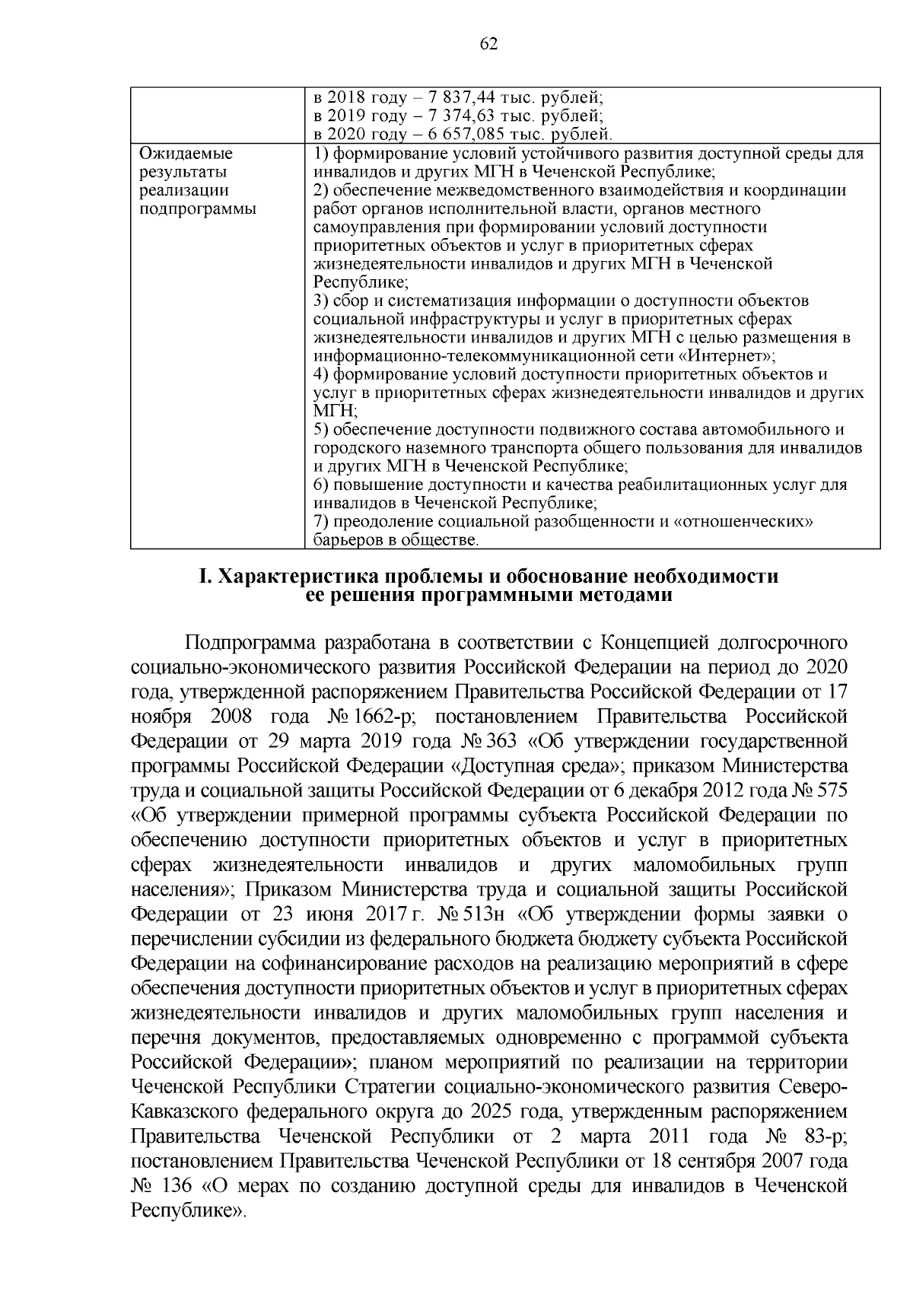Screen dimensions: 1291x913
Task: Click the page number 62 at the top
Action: click(488, 44)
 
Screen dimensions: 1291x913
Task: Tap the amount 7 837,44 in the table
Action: click(442, 99)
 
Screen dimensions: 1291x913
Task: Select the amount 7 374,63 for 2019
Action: click(442, 117)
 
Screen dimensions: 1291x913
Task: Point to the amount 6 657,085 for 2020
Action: click(447, 135)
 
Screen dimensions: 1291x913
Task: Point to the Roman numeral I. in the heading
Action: click(204, 577)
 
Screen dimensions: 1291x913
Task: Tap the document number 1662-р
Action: click(394, 716)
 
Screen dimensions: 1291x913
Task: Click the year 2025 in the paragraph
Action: click(495, 1111)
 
